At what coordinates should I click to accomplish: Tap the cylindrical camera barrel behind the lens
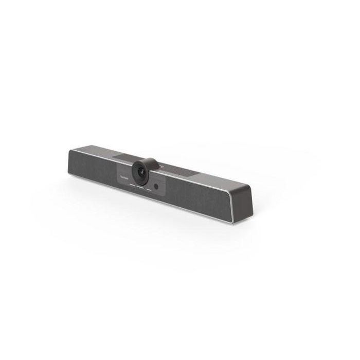(x=150, y=164)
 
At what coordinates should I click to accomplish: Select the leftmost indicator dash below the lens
(x=131, y=184)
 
